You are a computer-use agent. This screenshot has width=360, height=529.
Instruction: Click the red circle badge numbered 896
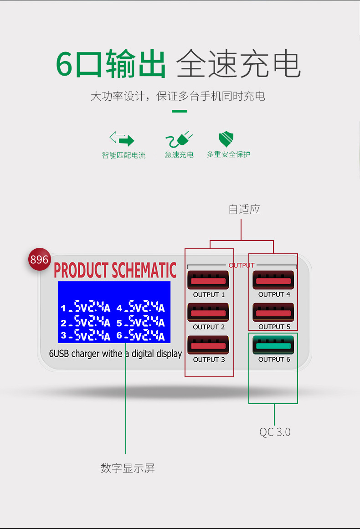(40, 259)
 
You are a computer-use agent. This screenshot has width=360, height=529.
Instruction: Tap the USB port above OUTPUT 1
(208, 280)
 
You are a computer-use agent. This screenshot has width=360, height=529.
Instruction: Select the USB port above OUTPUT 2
(208, 313)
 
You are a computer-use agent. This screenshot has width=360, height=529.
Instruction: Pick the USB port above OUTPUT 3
(208, 345)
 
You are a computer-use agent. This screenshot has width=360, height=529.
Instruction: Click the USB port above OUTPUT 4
(273, 280)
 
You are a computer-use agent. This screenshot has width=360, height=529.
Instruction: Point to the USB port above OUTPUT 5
(273, 313)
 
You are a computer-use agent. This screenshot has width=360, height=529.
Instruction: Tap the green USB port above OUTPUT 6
(273, 345)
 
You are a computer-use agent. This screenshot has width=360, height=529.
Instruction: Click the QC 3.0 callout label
(275, 432)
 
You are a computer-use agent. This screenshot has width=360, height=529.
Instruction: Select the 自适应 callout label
(244, 209)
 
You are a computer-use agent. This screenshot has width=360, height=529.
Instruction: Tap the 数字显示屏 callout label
(128, 468)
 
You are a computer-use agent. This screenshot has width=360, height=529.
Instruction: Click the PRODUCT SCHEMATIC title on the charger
(115, 270)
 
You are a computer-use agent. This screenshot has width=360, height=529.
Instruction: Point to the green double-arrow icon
(122, 139)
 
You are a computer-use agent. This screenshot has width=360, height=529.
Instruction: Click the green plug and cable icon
(179, 139)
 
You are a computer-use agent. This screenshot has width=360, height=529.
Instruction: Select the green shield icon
(226, 139)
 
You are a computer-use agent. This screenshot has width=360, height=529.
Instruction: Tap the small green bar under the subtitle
(180, 111)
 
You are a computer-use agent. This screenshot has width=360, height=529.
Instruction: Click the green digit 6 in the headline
(64, 63)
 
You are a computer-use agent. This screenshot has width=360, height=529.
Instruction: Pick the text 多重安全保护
(228, 154)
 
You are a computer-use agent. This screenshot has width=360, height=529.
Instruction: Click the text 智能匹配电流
(124, 155)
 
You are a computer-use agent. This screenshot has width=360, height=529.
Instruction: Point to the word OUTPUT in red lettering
(241, 266)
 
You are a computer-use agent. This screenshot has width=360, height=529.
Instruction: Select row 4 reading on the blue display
(141, 307)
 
